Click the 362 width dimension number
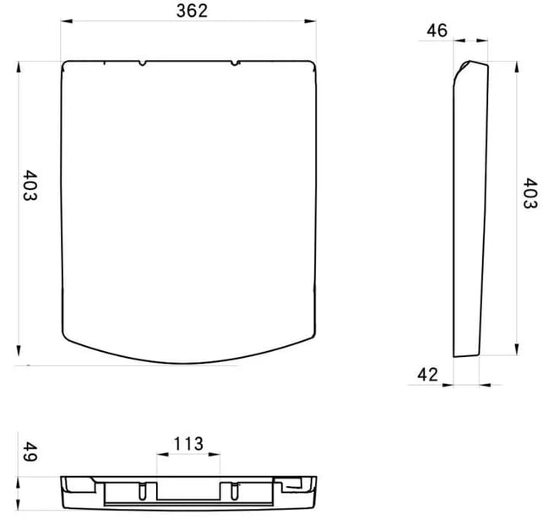tap(192, 11)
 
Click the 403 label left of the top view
tap(30, 185)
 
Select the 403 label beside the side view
tap(530, 193)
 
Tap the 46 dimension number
tap(437, 30)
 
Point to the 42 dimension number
tap(427, 375)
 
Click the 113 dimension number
tap(188, 444)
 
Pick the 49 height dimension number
tap(30, 452)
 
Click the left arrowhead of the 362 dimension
tap(67, 21)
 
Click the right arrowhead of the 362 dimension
tap(310, 21)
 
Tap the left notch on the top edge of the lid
tap(142, 63)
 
